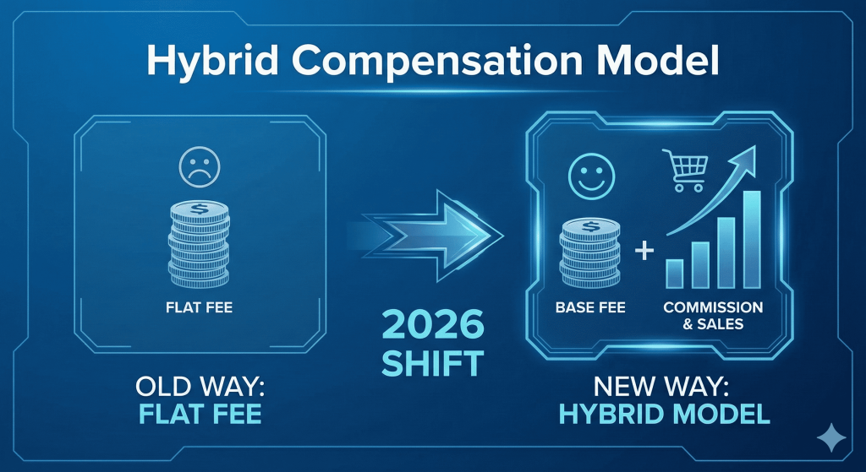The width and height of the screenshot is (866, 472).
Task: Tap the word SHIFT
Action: (x=432, y=363)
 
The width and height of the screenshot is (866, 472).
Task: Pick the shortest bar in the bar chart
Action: (x=675, y=272)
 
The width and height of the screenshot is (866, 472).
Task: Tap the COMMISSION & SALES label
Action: (x=713, y=315)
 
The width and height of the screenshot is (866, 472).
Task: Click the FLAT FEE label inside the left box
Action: (x=199, y=308)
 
